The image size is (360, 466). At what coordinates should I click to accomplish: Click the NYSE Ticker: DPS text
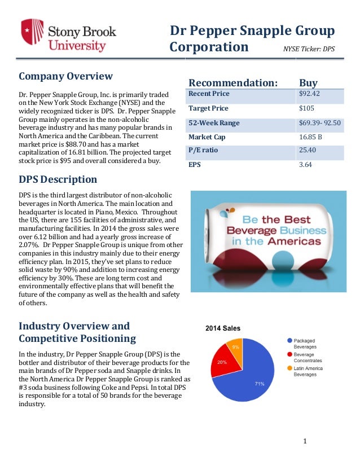(309, 49)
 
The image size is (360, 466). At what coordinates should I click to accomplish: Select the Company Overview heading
(66, 76)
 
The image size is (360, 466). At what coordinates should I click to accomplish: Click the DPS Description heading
(58, 179)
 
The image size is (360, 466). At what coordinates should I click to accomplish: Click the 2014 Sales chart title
(222, 328)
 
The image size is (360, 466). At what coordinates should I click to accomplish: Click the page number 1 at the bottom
(305, 441)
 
